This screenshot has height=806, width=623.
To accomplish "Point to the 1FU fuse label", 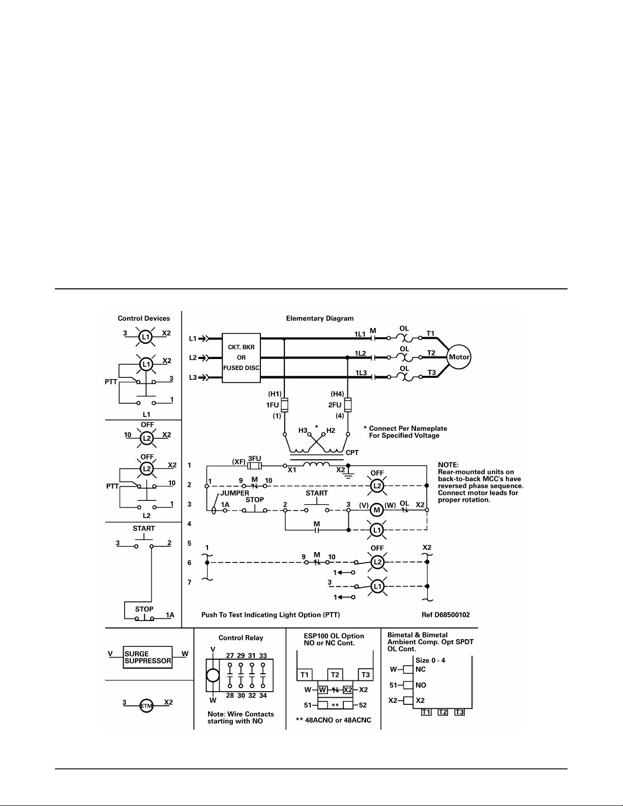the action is pos(273,405).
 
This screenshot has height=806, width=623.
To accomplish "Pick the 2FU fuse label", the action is pos(335,405).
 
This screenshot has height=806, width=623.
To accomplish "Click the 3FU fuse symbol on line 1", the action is pos(255,466).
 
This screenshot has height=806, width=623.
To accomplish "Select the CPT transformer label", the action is pos(352,453).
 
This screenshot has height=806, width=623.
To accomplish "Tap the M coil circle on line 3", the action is pos(377,510).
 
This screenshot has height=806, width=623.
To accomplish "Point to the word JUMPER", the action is pos(235,493).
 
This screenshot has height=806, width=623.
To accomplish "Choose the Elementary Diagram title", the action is pos(320,318).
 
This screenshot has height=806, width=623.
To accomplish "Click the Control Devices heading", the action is pos(144,318).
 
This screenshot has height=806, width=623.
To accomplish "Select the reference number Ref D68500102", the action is pos(446,615).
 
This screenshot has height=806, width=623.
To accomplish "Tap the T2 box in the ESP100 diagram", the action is pos(335,674).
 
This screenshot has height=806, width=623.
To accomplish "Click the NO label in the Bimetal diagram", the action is pos(421,684).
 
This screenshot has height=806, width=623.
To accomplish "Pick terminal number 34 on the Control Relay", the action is pos(263,696).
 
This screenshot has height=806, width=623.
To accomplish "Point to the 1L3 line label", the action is pos(361,373).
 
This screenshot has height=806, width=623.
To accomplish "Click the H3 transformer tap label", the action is pos(303,430).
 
